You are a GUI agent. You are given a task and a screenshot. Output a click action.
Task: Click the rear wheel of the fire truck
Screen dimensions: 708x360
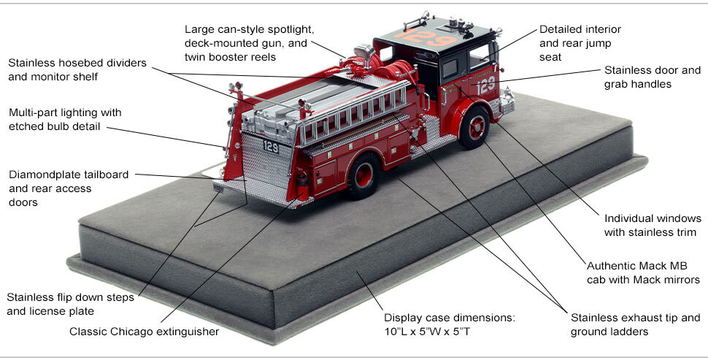363,176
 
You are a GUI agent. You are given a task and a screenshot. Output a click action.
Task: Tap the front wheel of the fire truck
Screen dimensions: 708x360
475,126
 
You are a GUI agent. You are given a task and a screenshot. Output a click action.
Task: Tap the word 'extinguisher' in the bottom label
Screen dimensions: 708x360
185,332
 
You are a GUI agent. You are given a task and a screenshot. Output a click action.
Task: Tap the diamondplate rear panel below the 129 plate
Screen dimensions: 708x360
266,172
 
